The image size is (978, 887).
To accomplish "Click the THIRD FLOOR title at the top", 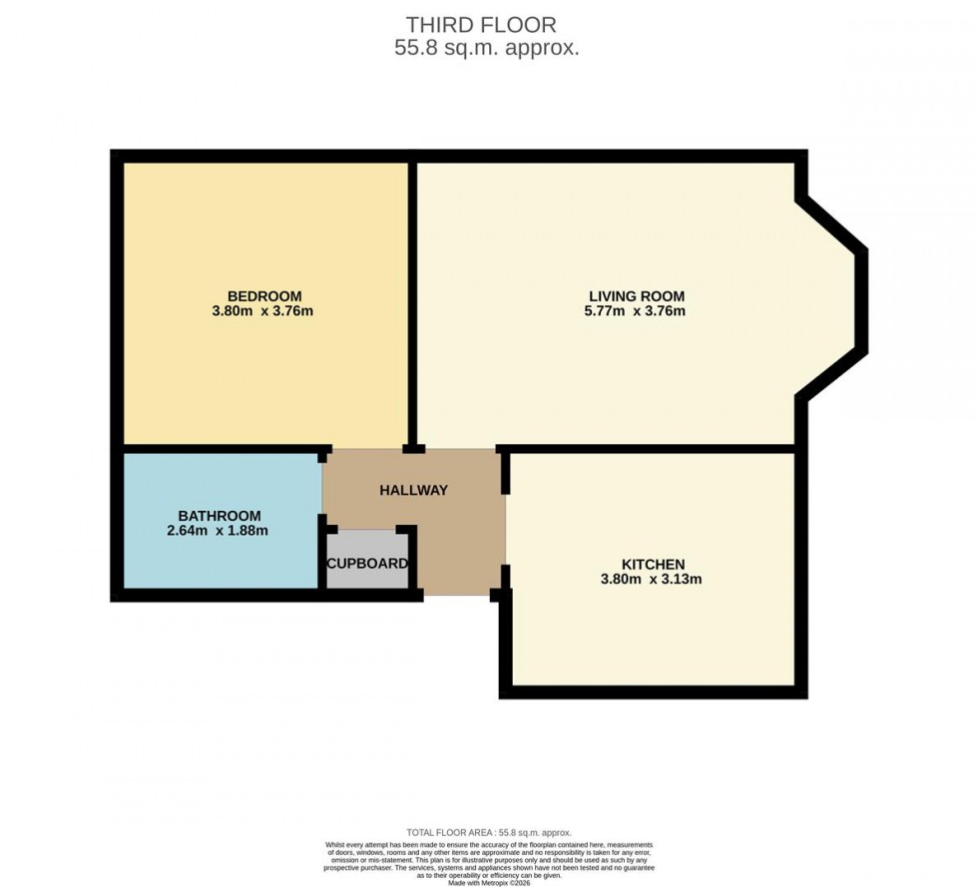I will [x=481, y=25].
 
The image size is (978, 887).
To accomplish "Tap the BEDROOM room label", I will [x=264, y=296].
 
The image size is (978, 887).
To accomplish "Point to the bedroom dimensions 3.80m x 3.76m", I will [x=264, y=311].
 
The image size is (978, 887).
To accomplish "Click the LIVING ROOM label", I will [x=636, y=296].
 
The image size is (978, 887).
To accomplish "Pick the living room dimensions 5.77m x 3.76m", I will [x=636, y=311].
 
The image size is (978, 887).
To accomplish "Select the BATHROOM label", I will [x=220, y=516].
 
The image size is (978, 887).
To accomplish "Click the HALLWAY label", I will [x=413, y=490].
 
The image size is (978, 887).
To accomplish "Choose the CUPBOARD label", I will [x=367, y=564].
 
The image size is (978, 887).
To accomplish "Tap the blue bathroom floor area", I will [x=220, y=564].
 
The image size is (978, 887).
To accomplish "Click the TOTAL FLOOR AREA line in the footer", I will [x=489, y=832].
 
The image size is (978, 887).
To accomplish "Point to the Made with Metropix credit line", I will [x=489, y=882].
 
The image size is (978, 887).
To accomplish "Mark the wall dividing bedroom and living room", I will [x=412, y=299].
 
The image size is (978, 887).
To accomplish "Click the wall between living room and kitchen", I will [x=649, y=449].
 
